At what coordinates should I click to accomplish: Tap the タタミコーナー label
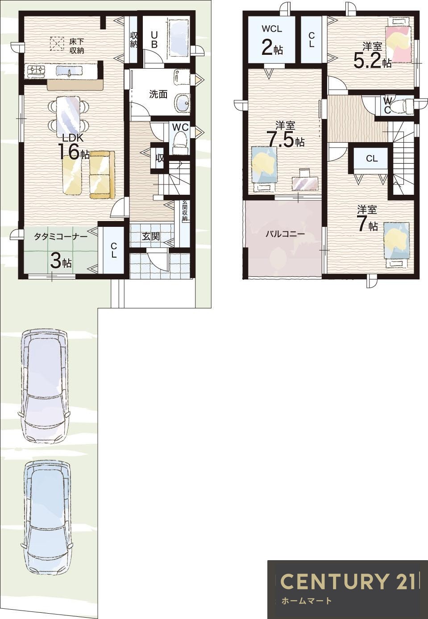61,237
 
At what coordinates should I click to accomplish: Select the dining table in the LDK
69,115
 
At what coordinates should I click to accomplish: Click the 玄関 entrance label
151,237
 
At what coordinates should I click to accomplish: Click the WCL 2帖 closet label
272,41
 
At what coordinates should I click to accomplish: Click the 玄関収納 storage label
185,210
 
